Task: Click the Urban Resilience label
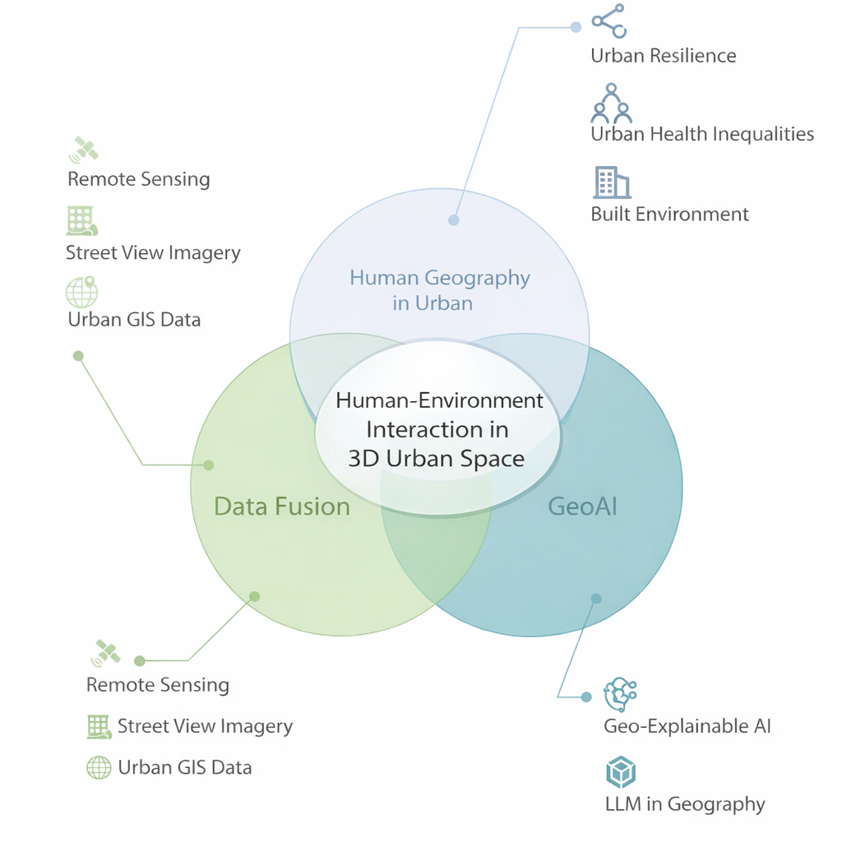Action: tap(663, 56)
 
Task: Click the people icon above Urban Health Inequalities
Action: tap(610, 103)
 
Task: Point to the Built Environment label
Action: tap(669, 215)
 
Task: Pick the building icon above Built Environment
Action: tap(611, 183)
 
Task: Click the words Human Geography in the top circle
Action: tap(440, 278)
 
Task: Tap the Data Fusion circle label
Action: tap(282, 507)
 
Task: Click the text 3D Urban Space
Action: tap(436, 459)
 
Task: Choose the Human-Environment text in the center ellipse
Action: tap(440, 400)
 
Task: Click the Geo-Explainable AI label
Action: tap(687, 726)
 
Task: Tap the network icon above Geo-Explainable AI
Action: tap(620, 696)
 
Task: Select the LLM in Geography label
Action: tap(685, 804)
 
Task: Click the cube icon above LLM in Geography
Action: tap(621, 773)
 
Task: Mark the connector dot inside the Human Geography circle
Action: tap(453, 220)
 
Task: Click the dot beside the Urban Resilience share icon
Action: tap(576, 26)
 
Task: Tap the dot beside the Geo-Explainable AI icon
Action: tap(586, 697)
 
